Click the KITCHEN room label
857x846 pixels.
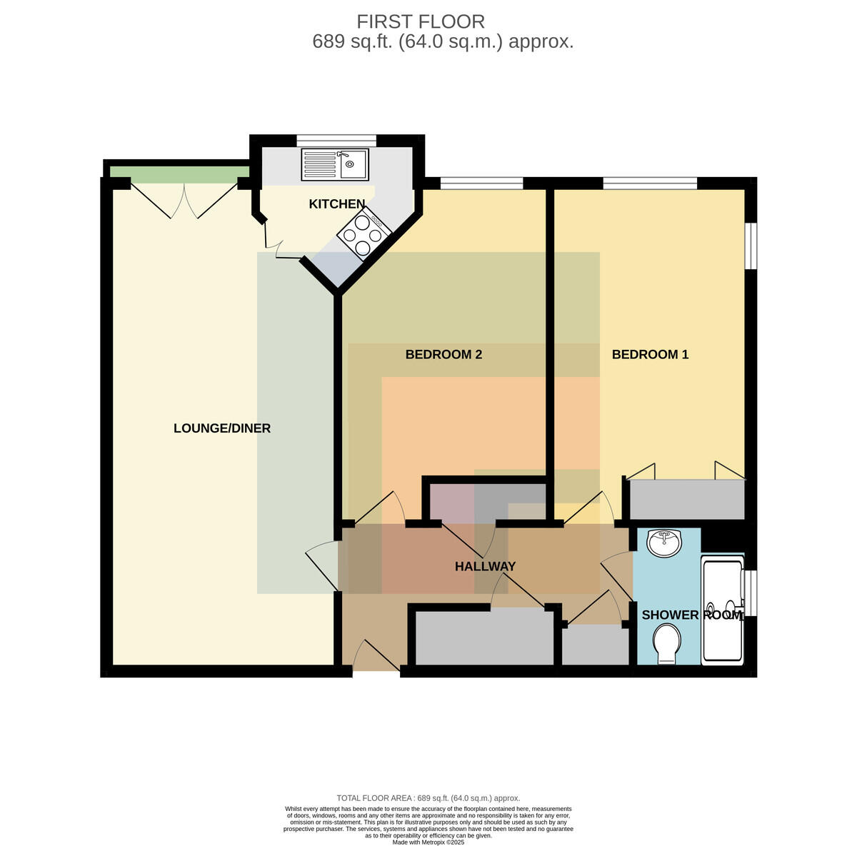336,204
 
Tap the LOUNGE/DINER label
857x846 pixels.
222,428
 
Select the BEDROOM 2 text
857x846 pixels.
443,355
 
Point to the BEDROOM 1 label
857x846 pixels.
650,355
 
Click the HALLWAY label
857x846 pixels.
485,566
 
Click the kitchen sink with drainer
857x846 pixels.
335,165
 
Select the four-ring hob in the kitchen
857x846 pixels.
364,233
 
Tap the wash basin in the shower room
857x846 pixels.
664,543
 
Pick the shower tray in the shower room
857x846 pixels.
722,610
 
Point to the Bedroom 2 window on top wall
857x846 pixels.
481,183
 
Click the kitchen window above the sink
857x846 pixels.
336,140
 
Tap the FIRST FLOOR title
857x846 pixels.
421,21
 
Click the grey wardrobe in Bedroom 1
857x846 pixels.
687,499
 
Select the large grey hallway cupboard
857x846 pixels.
484,638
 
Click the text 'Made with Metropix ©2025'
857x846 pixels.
428,842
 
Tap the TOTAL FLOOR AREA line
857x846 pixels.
428,798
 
